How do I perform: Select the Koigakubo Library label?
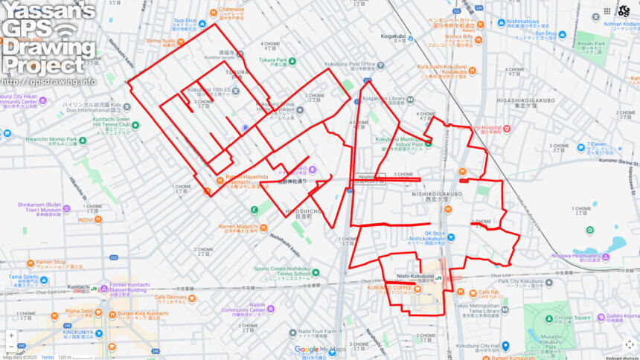click(x=383, y=98)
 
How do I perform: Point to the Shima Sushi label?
click(x=159, y=42)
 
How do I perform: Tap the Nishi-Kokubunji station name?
click(x=415, y=276)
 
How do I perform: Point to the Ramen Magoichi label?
click(x=238, y=226)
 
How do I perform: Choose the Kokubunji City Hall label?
click(x=479, y=346)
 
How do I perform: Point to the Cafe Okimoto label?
click(x=170, y=298)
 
